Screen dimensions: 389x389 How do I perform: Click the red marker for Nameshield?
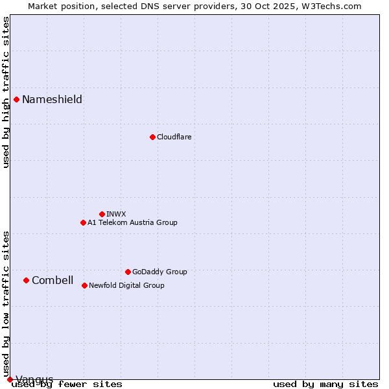(x=17, y=99)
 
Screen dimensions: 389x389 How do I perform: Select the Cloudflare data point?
(x=152, y=137)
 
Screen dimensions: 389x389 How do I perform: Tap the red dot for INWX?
(x=102, y=214)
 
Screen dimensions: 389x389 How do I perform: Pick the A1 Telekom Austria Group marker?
(x=83, y=222)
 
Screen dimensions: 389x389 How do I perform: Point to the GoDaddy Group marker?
(x=128, y=272)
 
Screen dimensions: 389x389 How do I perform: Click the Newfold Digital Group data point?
(x=84, y=285)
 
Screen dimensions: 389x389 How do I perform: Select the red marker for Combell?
(x=27, y=280)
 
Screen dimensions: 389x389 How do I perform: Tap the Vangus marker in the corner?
(x=10, y=379)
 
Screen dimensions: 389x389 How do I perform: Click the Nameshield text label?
(x=52, y=99)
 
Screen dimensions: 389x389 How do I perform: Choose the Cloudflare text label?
(x=174, y=137)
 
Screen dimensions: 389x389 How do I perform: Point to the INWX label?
(x=116, y=214)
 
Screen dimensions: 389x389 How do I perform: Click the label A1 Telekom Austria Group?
(x=132, y=222)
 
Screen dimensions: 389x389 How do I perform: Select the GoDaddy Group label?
(x=159, y=272)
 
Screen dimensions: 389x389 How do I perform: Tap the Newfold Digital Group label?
(x=126, y=285)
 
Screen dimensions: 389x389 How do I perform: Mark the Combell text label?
(x=53, y=280)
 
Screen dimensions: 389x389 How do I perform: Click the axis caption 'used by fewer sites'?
(x=67, y=384)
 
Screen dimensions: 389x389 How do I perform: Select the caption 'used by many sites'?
(x=325, y=384)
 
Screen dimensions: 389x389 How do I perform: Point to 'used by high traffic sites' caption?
(x=6, y=92)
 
